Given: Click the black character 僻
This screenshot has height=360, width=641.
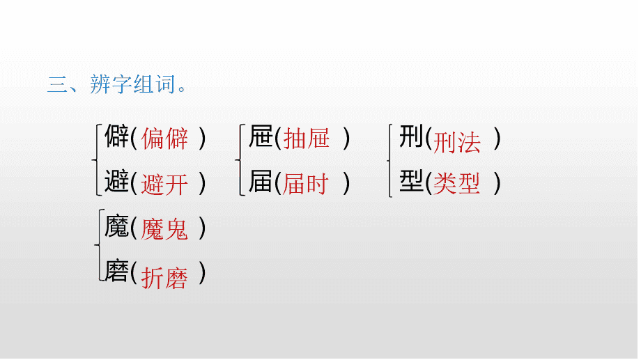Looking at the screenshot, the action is [x=117, y=136].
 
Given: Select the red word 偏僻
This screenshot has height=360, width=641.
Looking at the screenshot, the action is [x=164, y=139].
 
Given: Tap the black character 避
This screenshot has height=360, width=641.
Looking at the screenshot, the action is [x=117, y=181].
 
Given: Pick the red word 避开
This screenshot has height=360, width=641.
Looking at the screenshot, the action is [x=164, y=185].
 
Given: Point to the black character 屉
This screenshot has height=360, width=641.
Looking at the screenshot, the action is [x=261, y=136].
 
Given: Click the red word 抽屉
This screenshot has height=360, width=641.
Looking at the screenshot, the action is [x=307, y=138].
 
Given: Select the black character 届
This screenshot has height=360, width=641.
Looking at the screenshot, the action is [x=261, y=181].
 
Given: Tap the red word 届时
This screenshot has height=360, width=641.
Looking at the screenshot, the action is [x=306, y=184].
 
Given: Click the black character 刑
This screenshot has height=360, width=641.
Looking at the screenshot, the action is [x=411, y=136].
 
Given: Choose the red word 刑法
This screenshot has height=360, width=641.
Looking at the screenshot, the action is [x=456, y=143].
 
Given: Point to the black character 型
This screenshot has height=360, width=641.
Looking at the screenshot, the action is [x=411, y=181].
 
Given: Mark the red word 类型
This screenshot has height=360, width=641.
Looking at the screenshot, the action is [x=456, y=183].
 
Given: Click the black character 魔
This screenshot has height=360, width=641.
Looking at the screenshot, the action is [x=117, y=226].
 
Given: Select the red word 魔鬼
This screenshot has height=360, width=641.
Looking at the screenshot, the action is [x=164, y=229].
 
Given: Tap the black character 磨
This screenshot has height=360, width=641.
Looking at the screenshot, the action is [x=117, y=271].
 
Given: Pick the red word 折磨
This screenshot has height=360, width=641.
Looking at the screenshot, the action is [x=164, y=279].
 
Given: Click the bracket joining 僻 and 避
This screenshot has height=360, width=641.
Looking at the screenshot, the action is [x=96, y=160].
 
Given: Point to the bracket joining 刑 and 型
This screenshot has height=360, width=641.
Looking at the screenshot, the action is [x=390, y=161].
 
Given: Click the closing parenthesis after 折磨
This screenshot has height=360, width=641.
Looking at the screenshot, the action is [x=202, y=272].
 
